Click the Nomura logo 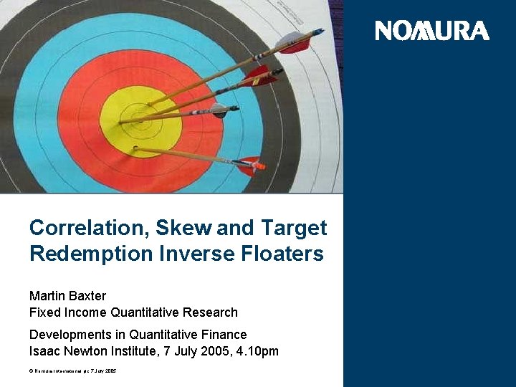[432, 31]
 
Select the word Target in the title [293, 229]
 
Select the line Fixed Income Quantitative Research [133, 312]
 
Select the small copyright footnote [72, 371]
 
